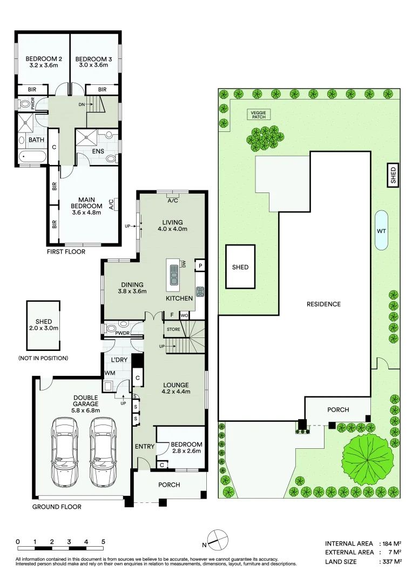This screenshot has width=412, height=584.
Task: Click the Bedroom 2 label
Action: pyautogui.click(x=42, y=59)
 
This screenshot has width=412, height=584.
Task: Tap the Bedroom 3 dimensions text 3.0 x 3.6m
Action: pyautogui.click(x=92, y=65)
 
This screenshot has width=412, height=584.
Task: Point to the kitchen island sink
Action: pyautogui.click(x=174, y=274)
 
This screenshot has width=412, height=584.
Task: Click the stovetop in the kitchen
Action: pyautogui.click(x=200, y=291)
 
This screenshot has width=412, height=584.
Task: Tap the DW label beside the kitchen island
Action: pyautogui.click(x=184, y=264)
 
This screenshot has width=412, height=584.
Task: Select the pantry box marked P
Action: pyautogui.click(x=200, y=266)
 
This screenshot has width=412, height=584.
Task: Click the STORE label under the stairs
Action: pyautogui.click(x=173, y=329)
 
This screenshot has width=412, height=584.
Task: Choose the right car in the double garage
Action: pyautogui.click(x=103, y=452)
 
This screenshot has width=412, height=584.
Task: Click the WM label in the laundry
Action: pyautogui.click(x=110, y=373)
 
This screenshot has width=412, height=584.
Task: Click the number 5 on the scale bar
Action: pyautogui.click(x=103, y=541)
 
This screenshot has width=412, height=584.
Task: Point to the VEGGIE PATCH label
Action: pyautogui.click(x=257, y=115)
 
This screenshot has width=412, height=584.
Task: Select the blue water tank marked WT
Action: pyautogui.click(x=381, y=230)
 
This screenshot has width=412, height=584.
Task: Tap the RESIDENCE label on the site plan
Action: pyautogui.click(x=323, y=304)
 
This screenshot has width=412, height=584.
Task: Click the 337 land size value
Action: pyautogui.click(x=389, y=561)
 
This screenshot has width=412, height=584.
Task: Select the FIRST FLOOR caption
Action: pyautogui.click(x=65, y=251)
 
